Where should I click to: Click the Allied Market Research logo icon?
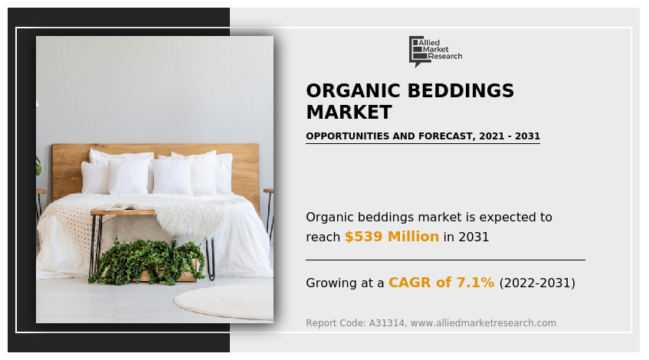tap(418, 51)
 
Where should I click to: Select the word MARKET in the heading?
tap(349, 113)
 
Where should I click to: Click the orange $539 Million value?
tap(392, 237)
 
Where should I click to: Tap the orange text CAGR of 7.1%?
tap(441, 283)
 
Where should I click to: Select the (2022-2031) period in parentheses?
tap(537, 283)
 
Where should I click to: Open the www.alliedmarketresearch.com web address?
tap(483, 323)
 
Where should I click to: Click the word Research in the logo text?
tap(445, 57)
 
